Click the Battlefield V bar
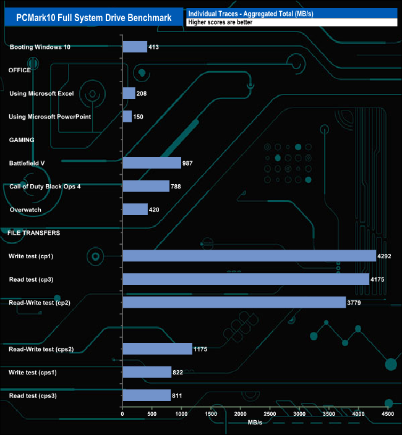(x=152, y=163)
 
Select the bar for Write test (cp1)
(x=249, y=256)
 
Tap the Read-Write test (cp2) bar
(x=234, y=302)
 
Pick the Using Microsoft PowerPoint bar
(x=127, y=116)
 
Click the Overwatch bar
(x=135, y=209)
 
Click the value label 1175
(x=202, y=349)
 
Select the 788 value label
(x=178, y=186)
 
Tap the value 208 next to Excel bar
(x=142, y=93)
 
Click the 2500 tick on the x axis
(x=270, y=413)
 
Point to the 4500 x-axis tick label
(x=388, y=413)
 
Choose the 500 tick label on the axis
(x=152, y=413)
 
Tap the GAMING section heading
(x=22, y=140)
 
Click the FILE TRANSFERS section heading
(x=33, y=233)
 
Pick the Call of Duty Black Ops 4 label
(x=45, y=186)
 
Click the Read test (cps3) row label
(x=33, y=395)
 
